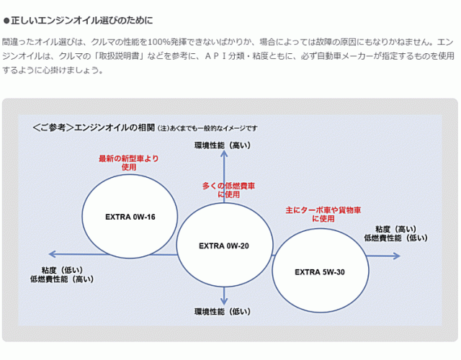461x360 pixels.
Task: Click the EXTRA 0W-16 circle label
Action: (130, 217)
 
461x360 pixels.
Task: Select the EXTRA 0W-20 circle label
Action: (224, 246)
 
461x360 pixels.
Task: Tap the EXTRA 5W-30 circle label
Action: (320, 272)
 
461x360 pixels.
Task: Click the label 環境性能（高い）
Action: (223, 145)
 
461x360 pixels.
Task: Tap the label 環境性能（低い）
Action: (223, 312)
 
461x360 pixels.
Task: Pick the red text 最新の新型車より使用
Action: (129, 162)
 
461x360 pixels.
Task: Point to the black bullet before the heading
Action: (7, 20)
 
